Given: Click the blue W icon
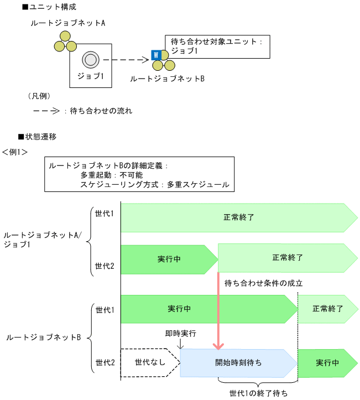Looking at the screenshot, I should click(156, 55).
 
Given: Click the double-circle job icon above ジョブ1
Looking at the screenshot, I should click(90, 60).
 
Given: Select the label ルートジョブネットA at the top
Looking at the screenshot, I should click(69, 23).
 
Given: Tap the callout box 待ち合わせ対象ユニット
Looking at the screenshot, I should click(217, 46).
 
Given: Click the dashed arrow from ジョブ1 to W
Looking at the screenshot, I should click(127, 60).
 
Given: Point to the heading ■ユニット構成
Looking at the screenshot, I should click(49, 7).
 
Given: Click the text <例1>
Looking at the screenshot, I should click(15, 151).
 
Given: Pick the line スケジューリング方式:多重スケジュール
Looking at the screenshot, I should click(154, 184).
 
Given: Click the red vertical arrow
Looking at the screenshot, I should click(218, 310).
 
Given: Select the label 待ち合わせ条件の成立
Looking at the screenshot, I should click(263, 283).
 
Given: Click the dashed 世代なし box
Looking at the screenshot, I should click(149, 363).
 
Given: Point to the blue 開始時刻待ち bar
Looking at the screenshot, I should click(238, 363).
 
